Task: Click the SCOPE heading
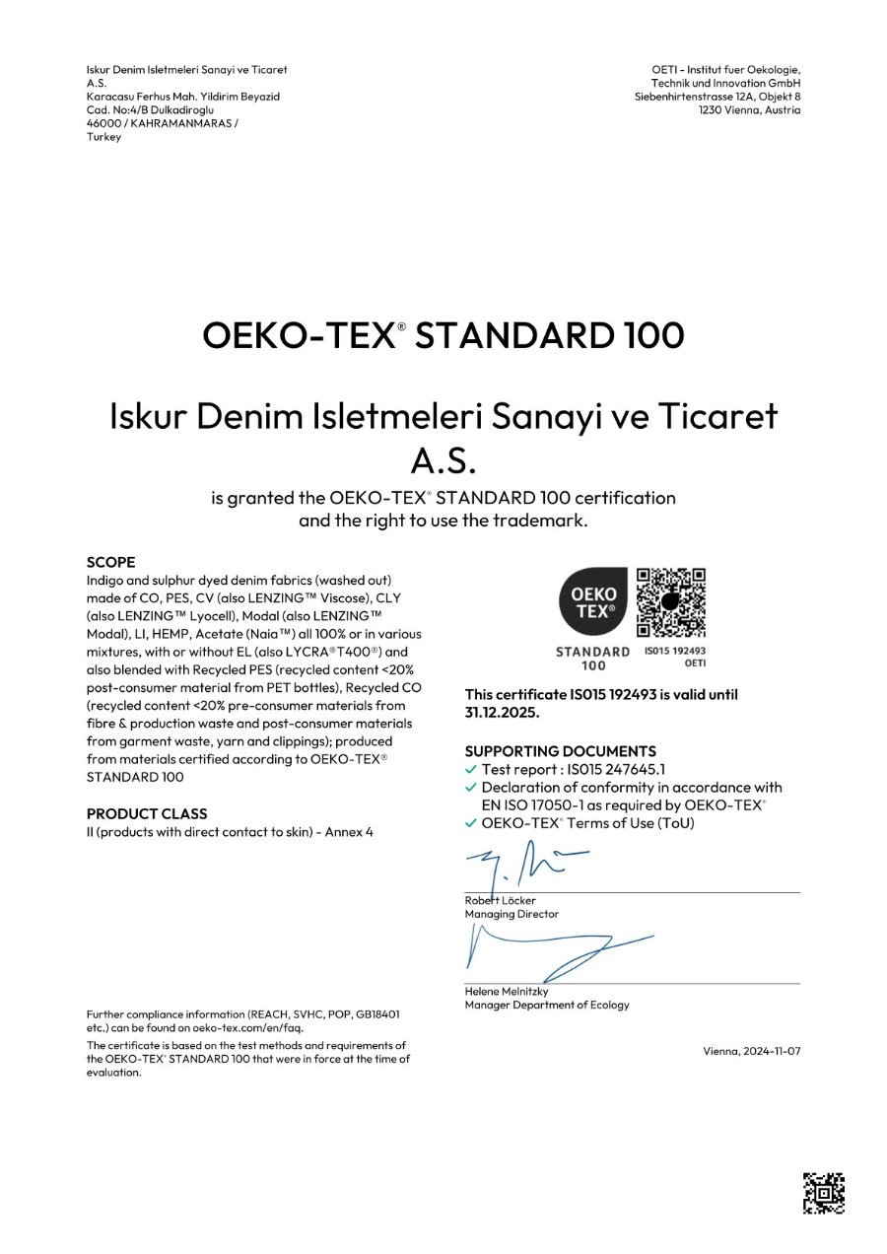(110, 562)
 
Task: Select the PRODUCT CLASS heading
(147, 813)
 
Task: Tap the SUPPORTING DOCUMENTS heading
(560, 750)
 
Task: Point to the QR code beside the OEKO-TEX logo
(671, 603)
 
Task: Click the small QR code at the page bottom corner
(824, 1192)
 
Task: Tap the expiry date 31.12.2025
(502, 712)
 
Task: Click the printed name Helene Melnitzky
(507, 991)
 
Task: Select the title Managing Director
(512, 914)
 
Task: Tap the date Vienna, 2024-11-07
(752, 1051)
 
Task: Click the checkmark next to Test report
(471, 769)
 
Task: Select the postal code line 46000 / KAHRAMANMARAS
(163, 123)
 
